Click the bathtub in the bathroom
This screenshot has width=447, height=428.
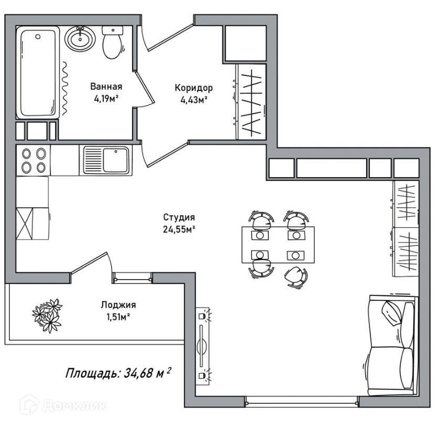pyautogui.click(x=38, y=72)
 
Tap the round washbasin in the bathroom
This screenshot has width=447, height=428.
pyautogui.click(x=80, y=39)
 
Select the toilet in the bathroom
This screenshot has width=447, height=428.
pyautogui.click(x=113, y=42)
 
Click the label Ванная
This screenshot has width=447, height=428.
pyautogui.click(x=106, y=87)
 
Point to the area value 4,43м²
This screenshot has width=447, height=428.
pyautogui.click(x=194, y=100)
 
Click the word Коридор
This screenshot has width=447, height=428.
pyautogui.click(x=194, y=88)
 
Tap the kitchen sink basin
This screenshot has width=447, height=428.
pyautogui.click(x=115, y=160)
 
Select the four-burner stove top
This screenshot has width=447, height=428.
pyautogui.click(x=34, y=160)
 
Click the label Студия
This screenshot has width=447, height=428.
pyautogui.click(x=179, y=217)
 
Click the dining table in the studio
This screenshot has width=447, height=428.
pyautogui.click(x=278, y=244)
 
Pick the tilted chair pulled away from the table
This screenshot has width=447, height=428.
pyautogui.click(x=296, y=277)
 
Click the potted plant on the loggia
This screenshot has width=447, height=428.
pyautogui.click(x=47, y=315)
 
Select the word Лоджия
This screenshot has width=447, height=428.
pyautogui.click(x=118, y=305)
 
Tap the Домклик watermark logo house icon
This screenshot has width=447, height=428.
pyautogui.click(x=29, y=404)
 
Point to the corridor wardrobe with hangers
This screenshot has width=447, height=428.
pyautogui.click(x=251, y=102)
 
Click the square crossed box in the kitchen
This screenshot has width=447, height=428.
pyautogui.click(x=25, y=223)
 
